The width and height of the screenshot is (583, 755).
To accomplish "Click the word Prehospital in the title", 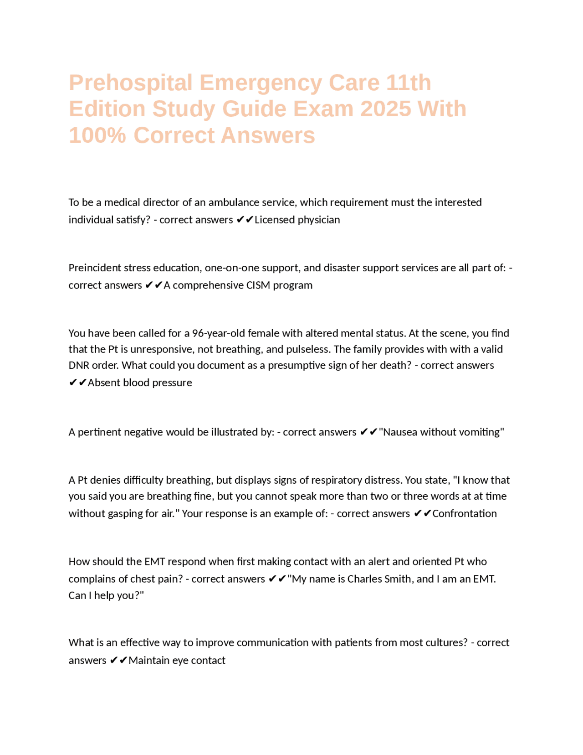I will (130, 83).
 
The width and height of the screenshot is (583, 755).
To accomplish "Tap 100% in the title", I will (97, 135).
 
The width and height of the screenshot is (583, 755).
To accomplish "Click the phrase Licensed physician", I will (297, 220).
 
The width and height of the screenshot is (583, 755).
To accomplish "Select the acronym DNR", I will (79, 366).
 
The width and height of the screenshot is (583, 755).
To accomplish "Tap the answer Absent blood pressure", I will (140, 383).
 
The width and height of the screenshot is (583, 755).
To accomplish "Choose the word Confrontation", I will (464, 514).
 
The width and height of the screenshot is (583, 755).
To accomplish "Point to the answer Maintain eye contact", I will (177, 661).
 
